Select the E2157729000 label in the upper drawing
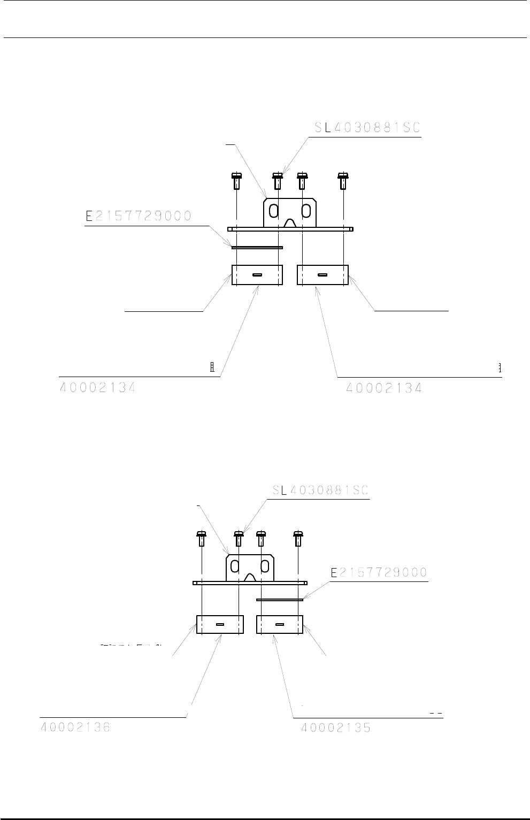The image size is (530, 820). [139, 216]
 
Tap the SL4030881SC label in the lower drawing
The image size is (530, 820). [321, 490]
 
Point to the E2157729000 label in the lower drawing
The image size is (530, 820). [379, 573]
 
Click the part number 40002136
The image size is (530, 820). [75, 728]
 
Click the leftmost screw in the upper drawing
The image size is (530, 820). [236, 181]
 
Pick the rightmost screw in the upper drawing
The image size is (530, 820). [342, 181]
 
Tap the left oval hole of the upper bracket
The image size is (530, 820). [273, 211]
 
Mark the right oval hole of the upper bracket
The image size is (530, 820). [306, 211]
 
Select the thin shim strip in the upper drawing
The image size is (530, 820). [257, 247]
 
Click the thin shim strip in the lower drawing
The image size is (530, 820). [280, 600]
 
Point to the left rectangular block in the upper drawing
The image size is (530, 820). [257, 275]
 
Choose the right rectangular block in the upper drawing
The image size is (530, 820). [322, 275]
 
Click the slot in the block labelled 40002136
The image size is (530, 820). [220, 624]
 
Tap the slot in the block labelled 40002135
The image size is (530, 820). [280, 624]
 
